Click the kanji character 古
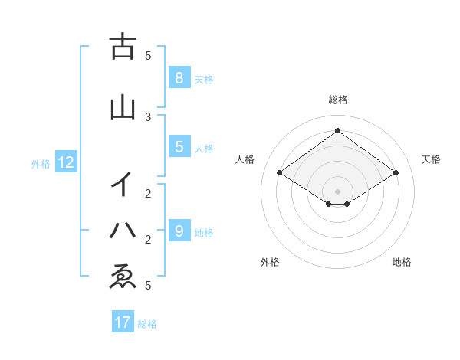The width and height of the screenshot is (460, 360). (123, 47)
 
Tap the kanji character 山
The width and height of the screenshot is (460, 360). (123, 108)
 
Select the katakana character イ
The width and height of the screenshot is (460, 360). (123, 185)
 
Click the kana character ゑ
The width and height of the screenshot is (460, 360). (123, 277)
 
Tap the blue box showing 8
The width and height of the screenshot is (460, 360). (179, 77)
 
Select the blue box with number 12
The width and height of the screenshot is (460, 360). (65, 162)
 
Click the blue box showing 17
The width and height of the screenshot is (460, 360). (123, 322)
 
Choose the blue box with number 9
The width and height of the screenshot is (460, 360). (179, 231)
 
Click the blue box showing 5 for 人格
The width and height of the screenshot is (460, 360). (179, 147)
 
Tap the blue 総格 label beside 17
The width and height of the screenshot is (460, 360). (147, 324)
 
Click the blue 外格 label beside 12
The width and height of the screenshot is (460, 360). (41, 163)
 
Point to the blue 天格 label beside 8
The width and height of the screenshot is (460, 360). (204, 79)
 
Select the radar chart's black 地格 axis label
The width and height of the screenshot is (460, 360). (402, 262)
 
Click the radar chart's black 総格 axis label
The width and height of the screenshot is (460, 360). (337, 100)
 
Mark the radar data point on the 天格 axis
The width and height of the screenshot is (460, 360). (396, 173)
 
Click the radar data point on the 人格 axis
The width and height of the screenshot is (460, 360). (279, 173)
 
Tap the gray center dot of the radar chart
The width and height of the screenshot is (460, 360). (337, 191)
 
